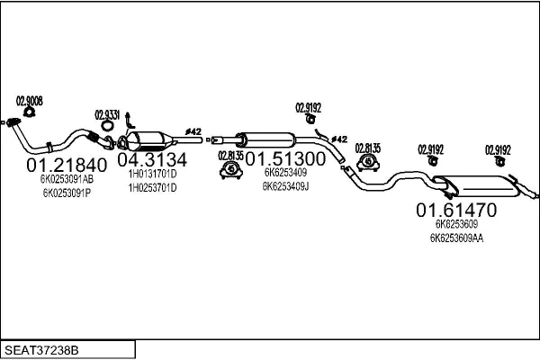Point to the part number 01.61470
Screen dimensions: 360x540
click(455, 210)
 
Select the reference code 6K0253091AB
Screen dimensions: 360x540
click(67, 179)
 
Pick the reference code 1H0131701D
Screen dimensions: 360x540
click(152, 174)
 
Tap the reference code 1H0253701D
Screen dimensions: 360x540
click(152, 187)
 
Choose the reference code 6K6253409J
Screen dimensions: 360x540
click(285, 186)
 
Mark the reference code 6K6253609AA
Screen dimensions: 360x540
click(456, 238)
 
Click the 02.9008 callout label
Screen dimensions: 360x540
click(30, 100)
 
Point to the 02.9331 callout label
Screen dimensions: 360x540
click(107, 113)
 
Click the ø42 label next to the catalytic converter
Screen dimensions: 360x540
click(193, 130)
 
